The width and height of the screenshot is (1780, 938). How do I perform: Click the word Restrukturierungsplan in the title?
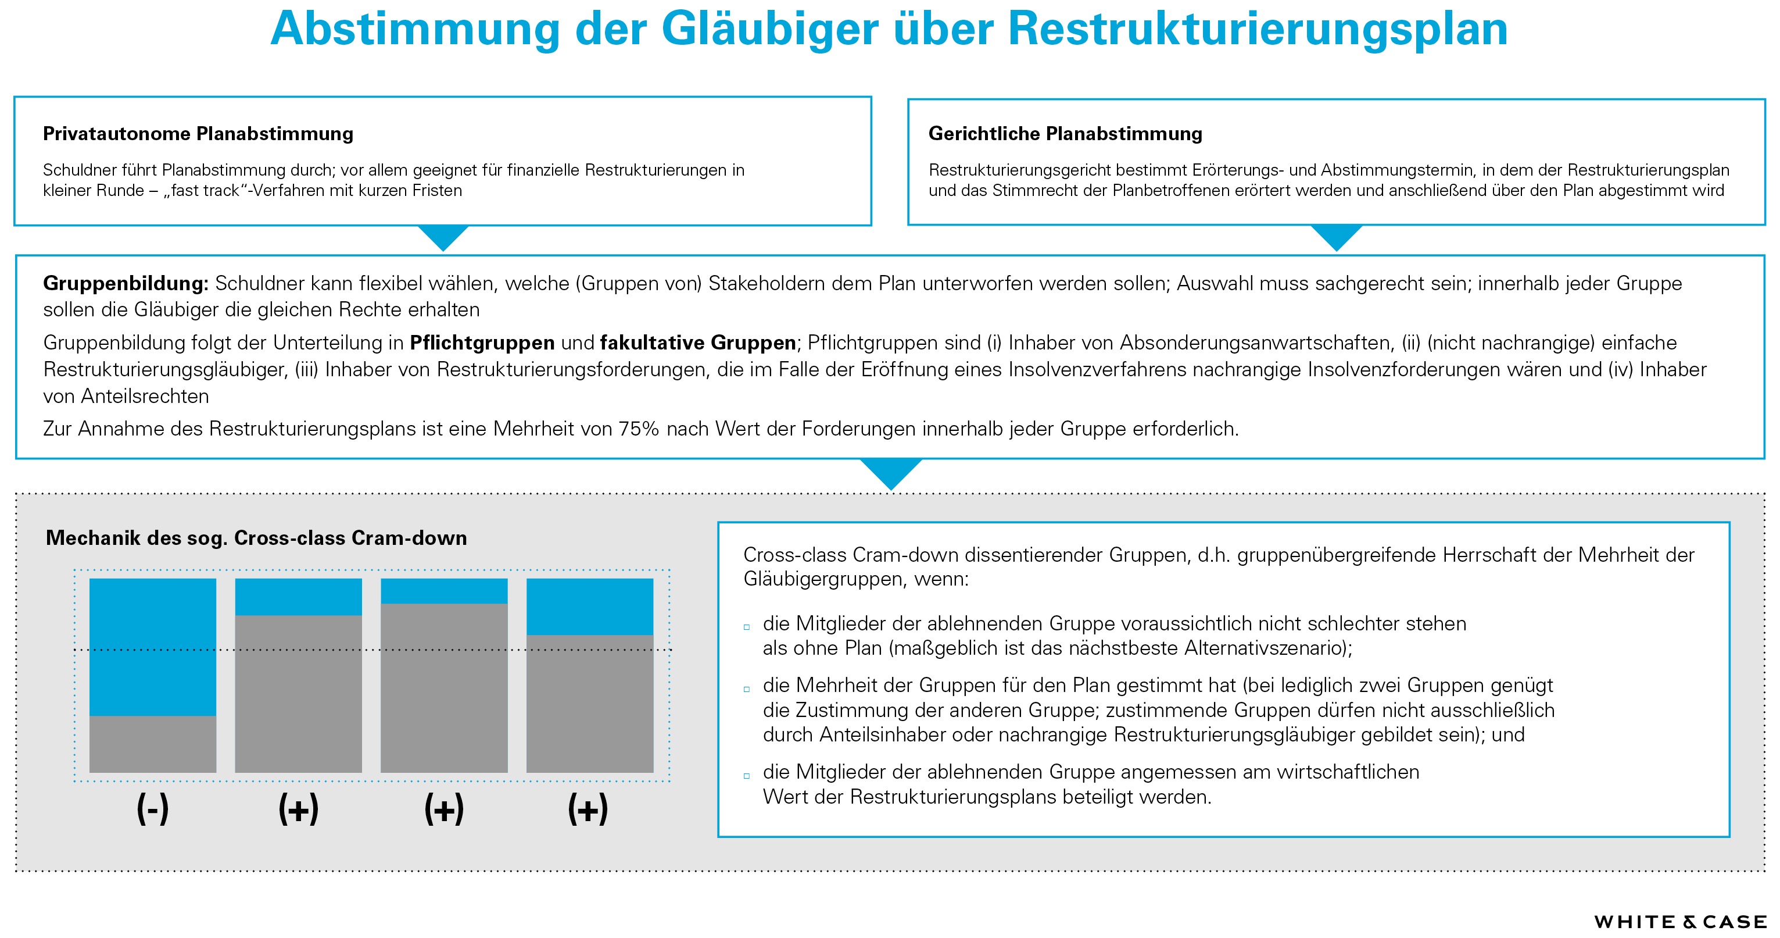coord(1257,29)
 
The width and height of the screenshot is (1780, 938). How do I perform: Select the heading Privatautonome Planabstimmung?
coord(198,133)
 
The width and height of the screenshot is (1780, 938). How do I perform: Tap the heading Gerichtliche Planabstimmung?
coord(1065,133)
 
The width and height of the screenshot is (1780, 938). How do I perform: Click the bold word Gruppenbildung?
coord(125,283)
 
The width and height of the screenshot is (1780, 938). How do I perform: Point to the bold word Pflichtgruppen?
coord(482,343)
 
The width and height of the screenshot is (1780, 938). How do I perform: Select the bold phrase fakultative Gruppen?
coord(697,343)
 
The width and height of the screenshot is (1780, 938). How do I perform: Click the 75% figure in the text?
coord(639,429)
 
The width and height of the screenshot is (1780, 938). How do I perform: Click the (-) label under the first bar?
coord(153,809)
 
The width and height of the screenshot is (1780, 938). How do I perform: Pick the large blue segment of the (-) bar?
coord(153,646)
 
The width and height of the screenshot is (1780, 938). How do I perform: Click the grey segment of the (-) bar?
coord(153,744)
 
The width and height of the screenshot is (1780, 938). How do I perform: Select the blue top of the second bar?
coord(299,597)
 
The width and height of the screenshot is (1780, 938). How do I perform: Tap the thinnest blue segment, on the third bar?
coord(445,591)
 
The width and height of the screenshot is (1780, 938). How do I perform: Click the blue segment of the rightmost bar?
coord(589,606)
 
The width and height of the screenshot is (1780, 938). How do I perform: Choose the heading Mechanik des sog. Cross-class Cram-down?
coord(256,538)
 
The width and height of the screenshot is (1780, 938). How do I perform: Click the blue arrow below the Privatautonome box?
coord(443,237)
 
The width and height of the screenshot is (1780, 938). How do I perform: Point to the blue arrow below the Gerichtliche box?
coord(1337,237)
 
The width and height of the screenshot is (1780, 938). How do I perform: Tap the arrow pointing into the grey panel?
coord(891,472)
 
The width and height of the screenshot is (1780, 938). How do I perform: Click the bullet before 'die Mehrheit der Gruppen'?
coord(746,689)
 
